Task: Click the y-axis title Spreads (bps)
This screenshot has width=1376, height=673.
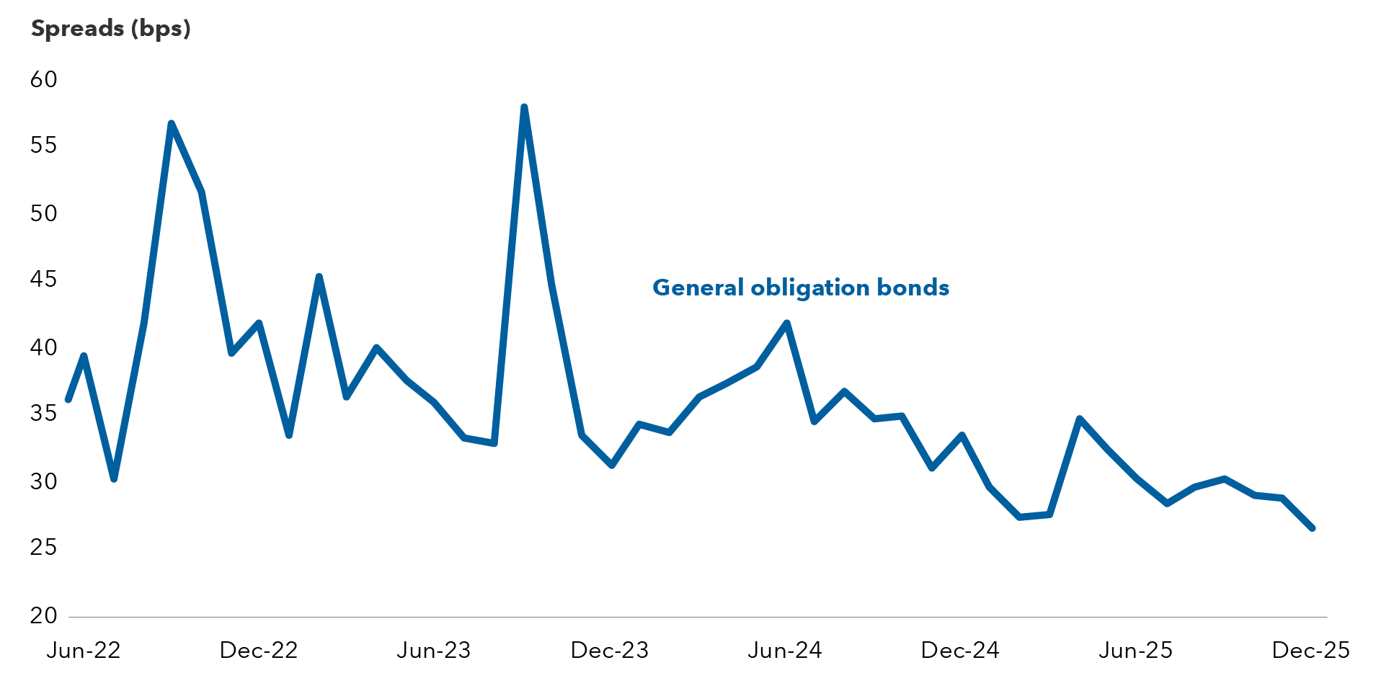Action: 110,29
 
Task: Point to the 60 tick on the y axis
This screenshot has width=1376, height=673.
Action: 44,79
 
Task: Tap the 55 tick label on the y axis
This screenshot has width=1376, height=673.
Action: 44,146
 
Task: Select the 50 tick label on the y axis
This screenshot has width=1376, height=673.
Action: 44,213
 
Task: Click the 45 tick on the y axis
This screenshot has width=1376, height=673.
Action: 44,280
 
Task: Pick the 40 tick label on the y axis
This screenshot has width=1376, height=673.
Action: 44,347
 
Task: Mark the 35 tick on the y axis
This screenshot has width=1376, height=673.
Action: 44,414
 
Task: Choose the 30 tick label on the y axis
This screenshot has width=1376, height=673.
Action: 44,481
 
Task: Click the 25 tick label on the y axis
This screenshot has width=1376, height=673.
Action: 44,548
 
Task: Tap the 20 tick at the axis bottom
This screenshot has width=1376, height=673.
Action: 44,615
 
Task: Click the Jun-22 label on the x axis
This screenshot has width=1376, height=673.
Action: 84,651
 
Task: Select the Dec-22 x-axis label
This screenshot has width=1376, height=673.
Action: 259,651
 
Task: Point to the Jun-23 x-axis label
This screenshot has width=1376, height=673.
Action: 434,651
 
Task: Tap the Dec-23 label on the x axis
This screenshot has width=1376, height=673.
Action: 610,651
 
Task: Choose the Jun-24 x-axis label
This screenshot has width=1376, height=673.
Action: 785,651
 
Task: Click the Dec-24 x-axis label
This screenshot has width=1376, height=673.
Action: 960,651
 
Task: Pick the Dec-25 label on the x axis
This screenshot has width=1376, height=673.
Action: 1311,651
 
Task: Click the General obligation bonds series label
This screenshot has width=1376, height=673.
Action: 801,288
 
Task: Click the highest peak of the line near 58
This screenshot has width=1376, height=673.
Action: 524,107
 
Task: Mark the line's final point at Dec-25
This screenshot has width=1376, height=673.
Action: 1312,528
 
